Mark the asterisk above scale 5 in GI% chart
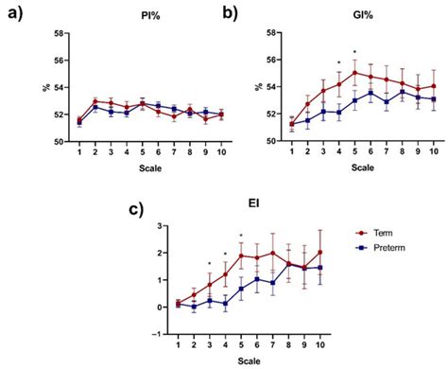[x=354, y=53]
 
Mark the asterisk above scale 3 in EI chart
[x=209, y=265]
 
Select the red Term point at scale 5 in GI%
[x=354, y=72]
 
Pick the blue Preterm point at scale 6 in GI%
[x=370, y=92]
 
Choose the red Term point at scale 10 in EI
[x=321, y=253]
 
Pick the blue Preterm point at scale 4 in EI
[x=225, y=303]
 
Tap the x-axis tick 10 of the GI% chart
[x=433, y=151]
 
